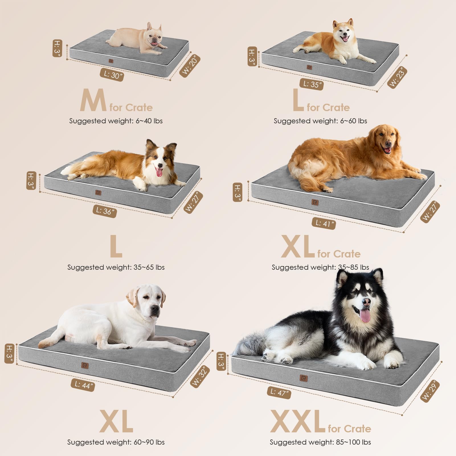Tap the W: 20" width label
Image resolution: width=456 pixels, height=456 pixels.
190,66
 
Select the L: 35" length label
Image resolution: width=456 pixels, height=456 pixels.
312,84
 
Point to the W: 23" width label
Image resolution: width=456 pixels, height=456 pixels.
397,77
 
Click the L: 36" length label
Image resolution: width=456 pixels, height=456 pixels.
105,211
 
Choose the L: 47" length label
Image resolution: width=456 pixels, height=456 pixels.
279,392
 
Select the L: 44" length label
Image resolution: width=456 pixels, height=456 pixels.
83,385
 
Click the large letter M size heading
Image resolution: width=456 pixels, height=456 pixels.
93,100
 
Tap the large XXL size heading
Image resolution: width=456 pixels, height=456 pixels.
297,422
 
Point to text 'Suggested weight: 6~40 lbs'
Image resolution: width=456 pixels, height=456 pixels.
116,121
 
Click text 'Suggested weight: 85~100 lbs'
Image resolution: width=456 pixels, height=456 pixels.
320,442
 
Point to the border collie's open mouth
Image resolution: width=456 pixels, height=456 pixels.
159,172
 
